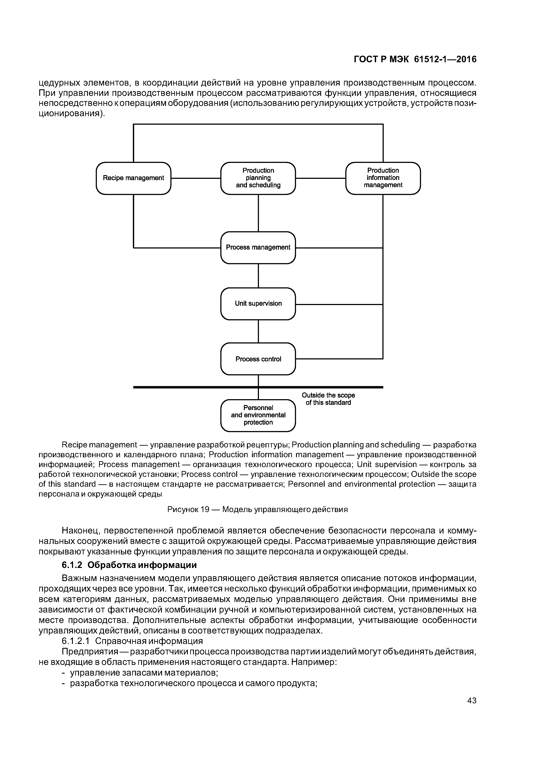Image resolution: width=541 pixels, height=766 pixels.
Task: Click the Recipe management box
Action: click(x=133, y=178)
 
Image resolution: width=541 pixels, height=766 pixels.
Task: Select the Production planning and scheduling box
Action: click(x=258, y=178)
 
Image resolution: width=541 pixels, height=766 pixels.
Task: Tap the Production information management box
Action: click(x=383, y=178)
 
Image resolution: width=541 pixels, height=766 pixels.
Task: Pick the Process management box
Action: click(x=258, y=248)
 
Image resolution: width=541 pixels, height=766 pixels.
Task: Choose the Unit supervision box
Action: click(x=258, y=304)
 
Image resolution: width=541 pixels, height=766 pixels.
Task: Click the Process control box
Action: click(x=258, y=359)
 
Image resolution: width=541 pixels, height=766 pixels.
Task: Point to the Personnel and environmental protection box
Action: click(x=258, y=415)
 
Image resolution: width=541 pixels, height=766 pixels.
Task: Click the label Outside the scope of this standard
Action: click(x=328, y=399)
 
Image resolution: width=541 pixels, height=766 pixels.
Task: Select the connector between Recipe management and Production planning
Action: click(x=196, y=178)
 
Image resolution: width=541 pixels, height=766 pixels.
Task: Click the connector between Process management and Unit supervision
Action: click(x=258, y=276)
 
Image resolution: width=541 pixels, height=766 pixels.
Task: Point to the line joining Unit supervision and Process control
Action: click(x=258, y=331)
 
